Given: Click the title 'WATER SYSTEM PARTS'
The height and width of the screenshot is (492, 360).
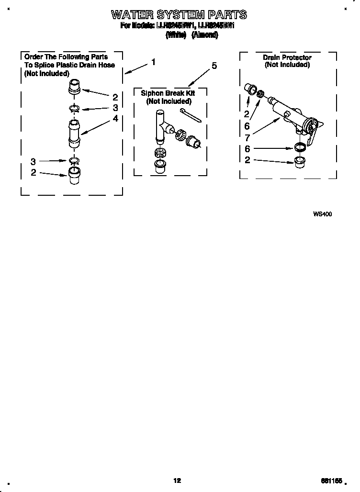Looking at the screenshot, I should [179, 14].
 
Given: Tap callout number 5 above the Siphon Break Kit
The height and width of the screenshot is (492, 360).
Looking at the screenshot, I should [214, 66].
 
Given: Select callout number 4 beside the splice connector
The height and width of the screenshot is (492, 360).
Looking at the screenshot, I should [115, 118].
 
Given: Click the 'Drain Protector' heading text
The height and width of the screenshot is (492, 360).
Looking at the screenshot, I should [287, 57].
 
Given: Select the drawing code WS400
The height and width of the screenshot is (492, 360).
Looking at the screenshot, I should [322, 214].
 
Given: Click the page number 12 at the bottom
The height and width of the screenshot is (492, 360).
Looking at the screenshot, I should [177, 481].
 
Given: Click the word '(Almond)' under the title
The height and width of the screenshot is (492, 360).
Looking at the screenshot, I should [204, 35].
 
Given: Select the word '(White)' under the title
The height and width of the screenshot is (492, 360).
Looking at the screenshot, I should [175, 35].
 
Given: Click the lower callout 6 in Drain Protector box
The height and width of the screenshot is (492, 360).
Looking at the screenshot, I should [247, 149].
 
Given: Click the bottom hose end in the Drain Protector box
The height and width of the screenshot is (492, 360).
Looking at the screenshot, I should [300, 160].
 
